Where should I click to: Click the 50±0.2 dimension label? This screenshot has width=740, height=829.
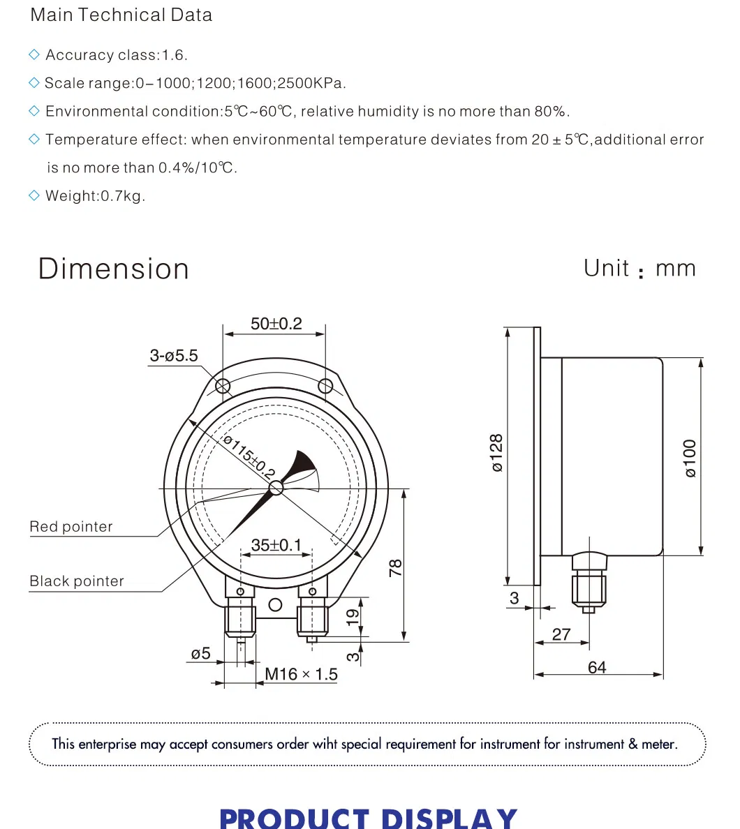276,324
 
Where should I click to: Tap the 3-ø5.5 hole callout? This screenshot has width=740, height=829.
174,356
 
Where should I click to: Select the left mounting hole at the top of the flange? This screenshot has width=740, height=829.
223,386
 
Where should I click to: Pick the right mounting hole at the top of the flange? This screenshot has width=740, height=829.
325,386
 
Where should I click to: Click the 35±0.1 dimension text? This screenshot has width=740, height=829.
276,545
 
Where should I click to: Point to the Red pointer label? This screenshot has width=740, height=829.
71,527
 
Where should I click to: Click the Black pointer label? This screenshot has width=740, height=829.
77,581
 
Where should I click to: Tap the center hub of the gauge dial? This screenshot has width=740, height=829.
276,488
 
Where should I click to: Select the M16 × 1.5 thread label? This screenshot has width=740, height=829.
301,674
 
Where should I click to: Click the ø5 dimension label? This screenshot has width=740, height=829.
200,654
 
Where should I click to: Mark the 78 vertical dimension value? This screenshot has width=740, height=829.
395,567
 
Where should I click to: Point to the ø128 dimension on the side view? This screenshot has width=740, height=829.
496,454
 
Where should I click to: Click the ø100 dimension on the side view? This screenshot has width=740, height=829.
690,458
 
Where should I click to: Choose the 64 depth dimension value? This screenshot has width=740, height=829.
597,667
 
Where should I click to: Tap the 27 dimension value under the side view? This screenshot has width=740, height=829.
561,634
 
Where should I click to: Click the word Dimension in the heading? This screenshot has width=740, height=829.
114,269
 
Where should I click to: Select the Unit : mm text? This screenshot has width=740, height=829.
639,269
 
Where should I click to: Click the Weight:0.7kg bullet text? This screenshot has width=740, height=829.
95,196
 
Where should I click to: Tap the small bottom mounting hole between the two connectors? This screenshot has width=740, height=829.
276,604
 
